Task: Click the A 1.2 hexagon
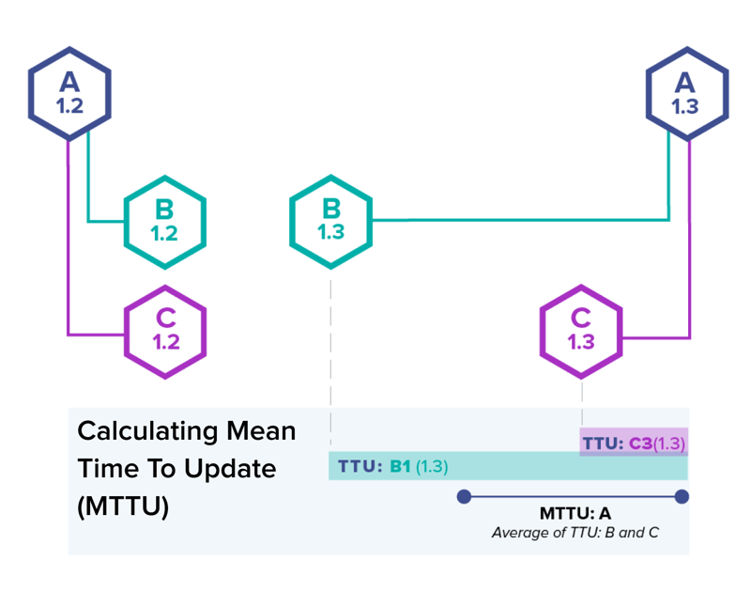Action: click(x=69, y=93)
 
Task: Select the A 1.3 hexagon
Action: click(x=687, y=93)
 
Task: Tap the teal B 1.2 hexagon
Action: click(x=165, y=222)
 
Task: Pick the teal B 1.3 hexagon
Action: click(x=331, y=222)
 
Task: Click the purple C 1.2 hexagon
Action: click(x=165, y=332)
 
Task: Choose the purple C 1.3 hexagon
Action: click(x=581, y=332)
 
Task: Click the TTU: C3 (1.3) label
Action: click(x=634, y=444)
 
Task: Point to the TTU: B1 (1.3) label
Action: click(x=392, y=466)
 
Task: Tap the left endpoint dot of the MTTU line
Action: click(x=464, y=496)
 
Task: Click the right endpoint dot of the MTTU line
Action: click(x=682, y=496)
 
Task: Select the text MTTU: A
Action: click(x=575, y=513)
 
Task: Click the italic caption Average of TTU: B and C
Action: click(x=575, y=533)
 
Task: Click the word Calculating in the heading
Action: click(x=147, y=432)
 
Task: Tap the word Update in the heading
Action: click(x=230, y=469)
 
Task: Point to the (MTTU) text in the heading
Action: click(x=123, y=506)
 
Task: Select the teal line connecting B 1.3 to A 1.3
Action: click(x=522, y=220)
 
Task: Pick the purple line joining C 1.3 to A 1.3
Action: click(x=690, y=240)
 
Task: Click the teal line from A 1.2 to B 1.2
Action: click(x=88, y=178)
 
